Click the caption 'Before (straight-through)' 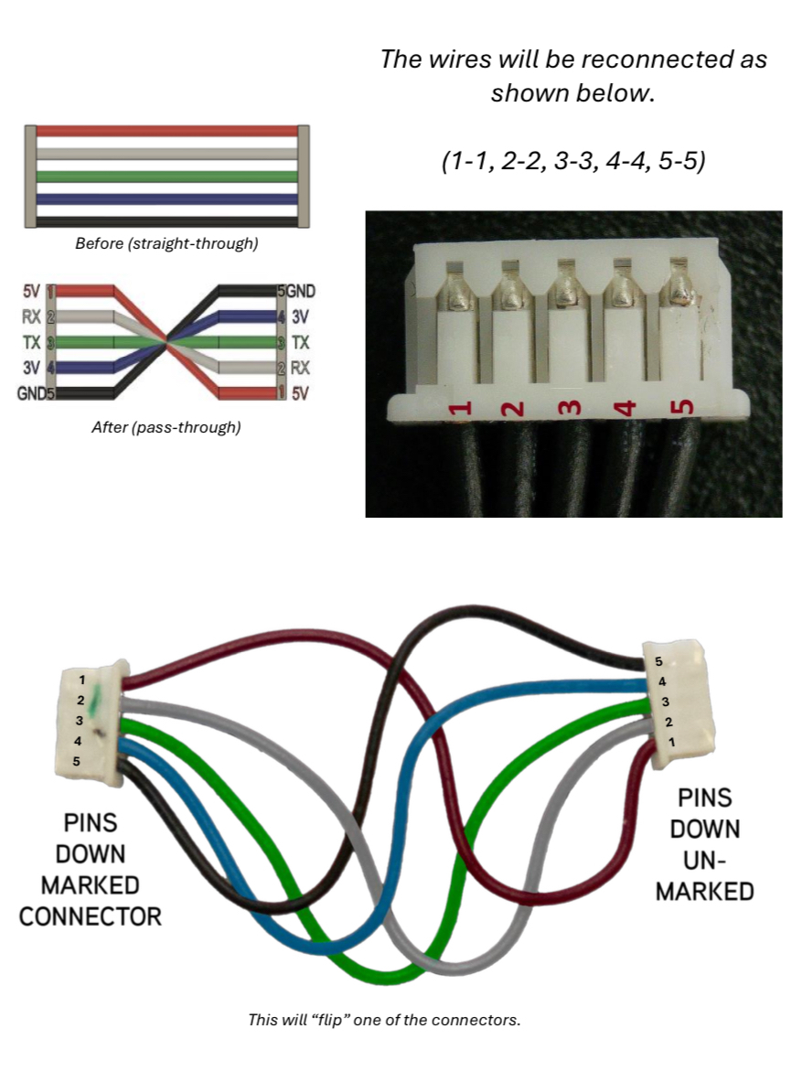click(x=166, y=244)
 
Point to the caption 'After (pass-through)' click(x=166, y=426)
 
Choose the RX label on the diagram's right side click(x=301, y=369)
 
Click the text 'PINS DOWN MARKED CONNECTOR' click(x=90, y=868)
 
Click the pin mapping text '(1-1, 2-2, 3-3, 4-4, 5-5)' click(x=573, y=161)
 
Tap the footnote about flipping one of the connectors click(x=384, y=1019)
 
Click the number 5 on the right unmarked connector click(x=658, y=660)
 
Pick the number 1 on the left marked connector click(x=81, y=680)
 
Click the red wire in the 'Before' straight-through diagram click(x=166, y=131)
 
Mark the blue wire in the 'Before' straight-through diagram click(x=166, y=198)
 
